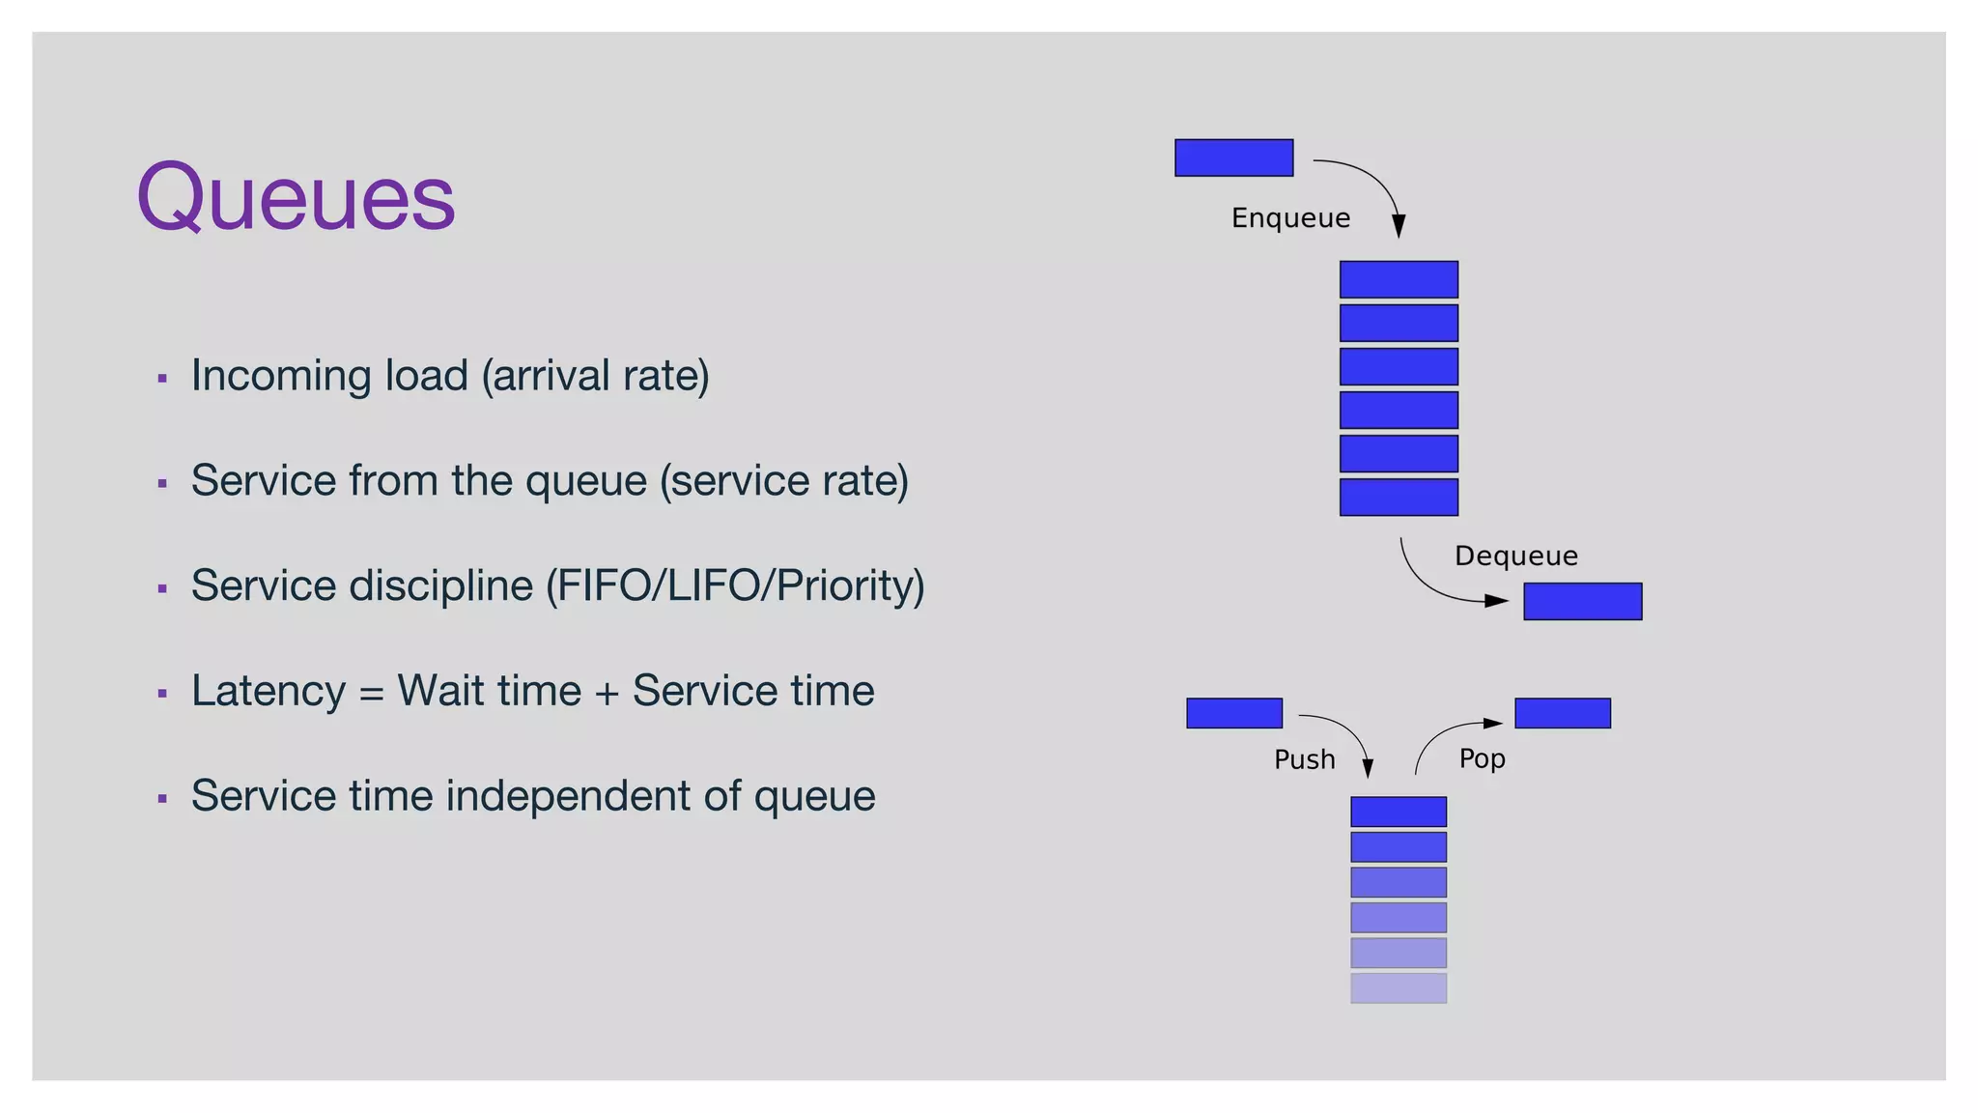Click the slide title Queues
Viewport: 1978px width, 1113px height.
coord(296,198)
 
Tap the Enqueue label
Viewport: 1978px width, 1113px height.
coord(1290,218)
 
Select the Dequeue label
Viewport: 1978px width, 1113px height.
coord(1515,556)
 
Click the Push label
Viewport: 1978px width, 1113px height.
coord(1304,759)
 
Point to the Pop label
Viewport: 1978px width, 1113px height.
coord(1482,758)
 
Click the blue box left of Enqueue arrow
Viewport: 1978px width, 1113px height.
coord(1233,157)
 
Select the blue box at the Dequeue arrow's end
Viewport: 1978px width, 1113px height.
coord(1582,601)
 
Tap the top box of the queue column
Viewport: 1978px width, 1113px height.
coord(1399,279)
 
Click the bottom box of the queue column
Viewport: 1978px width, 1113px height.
coord(1399,497)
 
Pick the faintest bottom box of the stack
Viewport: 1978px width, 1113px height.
coord(1398,987)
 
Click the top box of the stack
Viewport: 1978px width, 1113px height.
coord(1398,812)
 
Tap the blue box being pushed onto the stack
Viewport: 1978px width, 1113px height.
coord(1233,713)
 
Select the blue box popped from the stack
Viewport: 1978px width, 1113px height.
coord(1562,713)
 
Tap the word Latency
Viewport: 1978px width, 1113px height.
coord(268,691)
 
